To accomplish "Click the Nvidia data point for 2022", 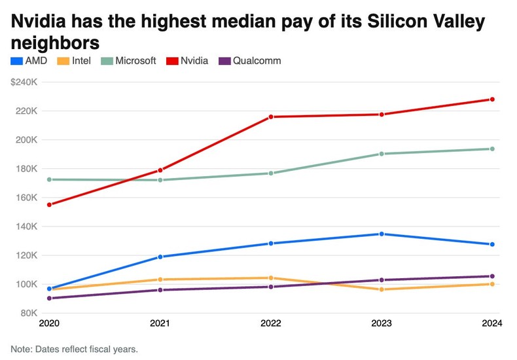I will click(x=270, y=117).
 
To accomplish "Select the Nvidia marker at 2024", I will click(x=492, y=99).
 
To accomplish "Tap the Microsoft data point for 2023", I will click(x=382, y=154).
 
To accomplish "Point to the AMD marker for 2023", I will click(x=382, y=234).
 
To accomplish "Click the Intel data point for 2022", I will click(x=270, y=278).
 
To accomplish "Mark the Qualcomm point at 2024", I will click(x=492, y=276).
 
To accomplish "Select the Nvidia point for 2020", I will click(x=49, y=205).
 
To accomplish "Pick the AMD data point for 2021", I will click(x=160, y=257).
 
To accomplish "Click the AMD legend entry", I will click(x=29, y=61).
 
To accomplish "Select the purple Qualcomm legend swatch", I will click(x=223, y=61).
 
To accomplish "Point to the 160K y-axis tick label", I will click(x=27, y=197).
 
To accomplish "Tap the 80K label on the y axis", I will click(x=29, y=313).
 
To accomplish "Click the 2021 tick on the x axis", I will click(x=160, y=323).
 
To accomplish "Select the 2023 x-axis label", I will click(x=382, y=323).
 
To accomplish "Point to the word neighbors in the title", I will click(x=55, y=43).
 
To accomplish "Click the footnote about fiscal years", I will click(x=74, y=348).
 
